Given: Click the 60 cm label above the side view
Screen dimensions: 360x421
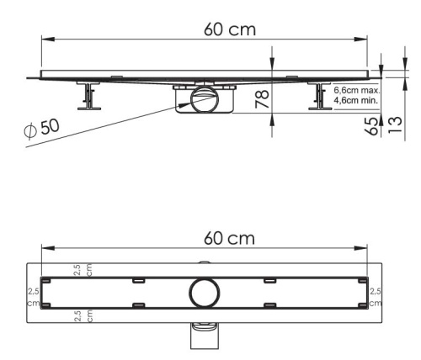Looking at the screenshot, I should click(x=229, y=28).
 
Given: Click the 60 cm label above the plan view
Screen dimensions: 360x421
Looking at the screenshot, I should click(x=229, y=237).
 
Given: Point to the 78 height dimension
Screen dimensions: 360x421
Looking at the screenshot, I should click(x=262, y=99).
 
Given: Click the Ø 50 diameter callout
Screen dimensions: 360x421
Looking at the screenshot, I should click(x=40, y=128).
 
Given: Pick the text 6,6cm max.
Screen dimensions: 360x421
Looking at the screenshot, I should click(x=356, y=89).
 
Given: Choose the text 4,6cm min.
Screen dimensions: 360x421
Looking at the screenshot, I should click(x=356, y=100).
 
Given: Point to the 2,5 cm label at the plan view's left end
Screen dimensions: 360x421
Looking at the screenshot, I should click(x=34, y=294).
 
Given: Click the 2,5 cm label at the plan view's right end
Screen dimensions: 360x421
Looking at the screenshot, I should click(x=375, y=294).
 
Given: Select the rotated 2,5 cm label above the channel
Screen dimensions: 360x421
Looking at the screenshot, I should click(x=83, y=271).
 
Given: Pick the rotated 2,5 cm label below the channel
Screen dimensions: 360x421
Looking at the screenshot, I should click(x=83, y=317).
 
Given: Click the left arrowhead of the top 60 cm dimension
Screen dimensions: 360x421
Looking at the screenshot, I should click(x=46, y=39).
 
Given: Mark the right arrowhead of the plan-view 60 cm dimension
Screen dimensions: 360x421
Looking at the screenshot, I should click(x=364, y=249).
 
